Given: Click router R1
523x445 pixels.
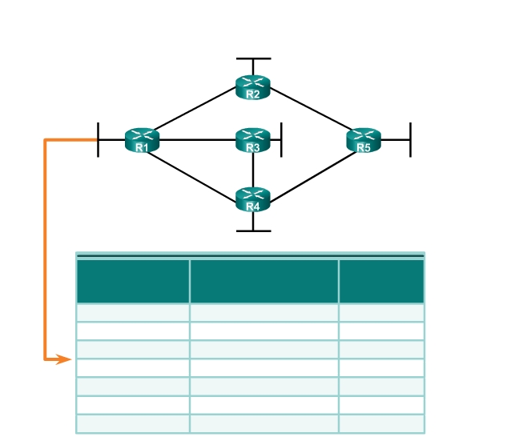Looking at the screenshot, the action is [x=142, y=140].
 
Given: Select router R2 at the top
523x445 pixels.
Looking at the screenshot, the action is [x=253, y=87].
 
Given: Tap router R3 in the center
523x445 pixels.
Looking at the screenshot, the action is [x=253, y=140].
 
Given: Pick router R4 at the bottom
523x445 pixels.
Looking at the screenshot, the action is [x=253, y=199].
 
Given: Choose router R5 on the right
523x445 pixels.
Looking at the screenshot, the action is [x=364, y=140].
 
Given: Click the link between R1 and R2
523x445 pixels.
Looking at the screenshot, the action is [x=195, y=108].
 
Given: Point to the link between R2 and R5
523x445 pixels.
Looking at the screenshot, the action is [x=310, y=109].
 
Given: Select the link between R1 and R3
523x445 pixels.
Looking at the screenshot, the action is [x=198, y=140].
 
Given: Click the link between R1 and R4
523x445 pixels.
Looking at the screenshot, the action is [x=191, y=177].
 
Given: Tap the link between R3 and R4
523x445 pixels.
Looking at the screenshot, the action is [x=253, y=170].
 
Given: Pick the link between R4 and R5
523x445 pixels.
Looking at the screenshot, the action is [x=313, y=178].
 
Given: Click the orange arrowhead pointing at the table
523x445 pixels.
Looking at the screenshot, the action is [x=63, y=359].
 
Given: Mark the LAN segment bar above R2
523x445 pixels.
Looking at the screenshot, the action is [x=254, y=58].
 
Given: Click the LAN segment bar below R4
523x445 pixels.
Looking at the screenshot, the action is [x=254, y=231].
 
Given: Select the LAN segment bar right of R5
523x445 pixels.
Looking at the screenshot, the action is [x=410, y=140].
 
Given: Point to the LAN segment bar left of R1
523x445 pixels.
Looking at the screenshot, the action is [x=98, y=140].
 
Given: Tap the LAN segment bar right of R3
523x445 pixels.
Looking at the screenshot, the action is [x=281, y=140].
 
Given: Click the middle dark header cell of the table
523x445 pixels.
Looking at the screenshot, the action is [x=264, y=282].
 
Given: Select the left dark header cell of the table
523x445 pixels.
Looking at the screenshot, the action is [x=133, y=282].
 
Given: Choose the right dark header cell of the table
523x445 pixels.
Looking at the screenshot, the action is [x=381, y=282].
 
